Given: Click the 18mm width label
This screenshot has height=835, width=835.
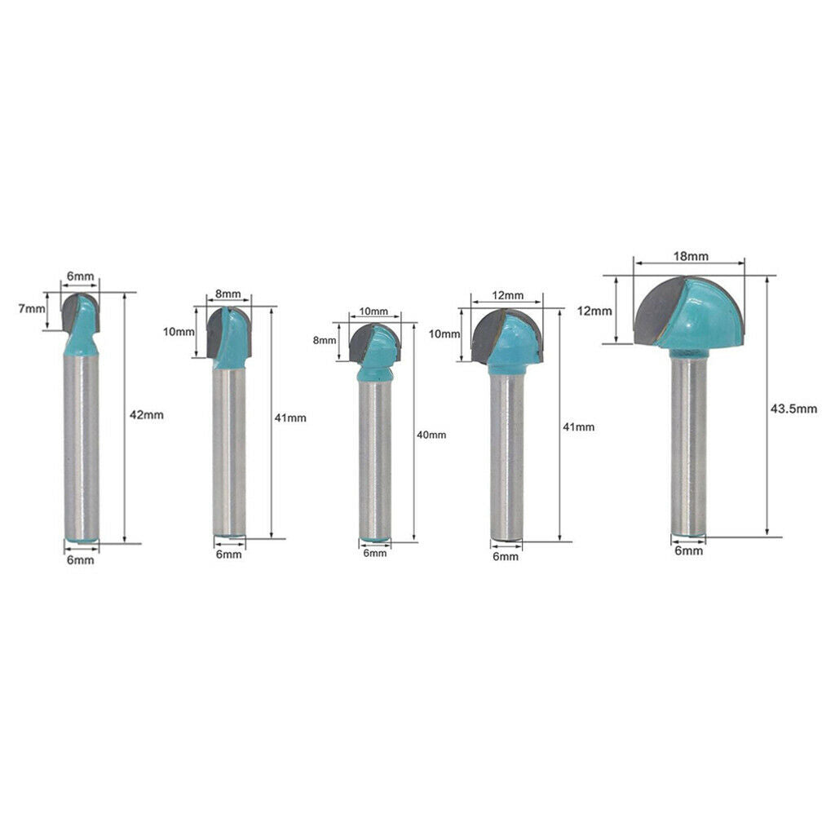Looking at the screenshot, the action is pyautogui.click(x=691, y=256).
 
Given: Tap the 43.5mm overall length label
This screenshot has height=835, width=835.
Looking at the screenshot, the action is pyautogui.click(x=793, y=409).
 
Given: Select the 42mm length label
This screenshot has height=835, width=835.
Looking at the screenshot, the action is pyautogui.click(x=147, y=415).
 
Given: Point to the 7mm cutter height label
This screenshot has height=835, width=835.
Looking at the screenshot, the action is pyautogui.click(x=32, y=307).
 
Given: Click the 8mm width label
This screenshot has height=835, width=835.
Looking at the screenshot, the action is pyautogui.click(x=228, y=294).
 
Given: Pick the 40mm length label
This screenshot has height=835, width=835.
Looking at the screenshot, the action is pyautogui.click(x=431, y=435).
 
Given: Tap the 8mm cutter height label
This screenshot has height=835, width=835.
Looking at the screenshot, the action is pyautogui.click(x=325, y=340).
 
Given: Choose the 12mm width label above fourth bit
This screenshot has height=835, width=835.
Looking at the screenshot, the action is pyautogui.click(x=507, y=295).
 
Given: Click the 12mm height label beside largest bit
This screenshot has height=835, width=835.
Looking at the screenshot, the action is pyautogui.click(x=594, y=311).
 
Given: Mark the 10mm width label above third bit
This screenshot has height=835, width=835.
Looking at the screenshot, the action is pyautogui.click(x=373, y=311).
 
